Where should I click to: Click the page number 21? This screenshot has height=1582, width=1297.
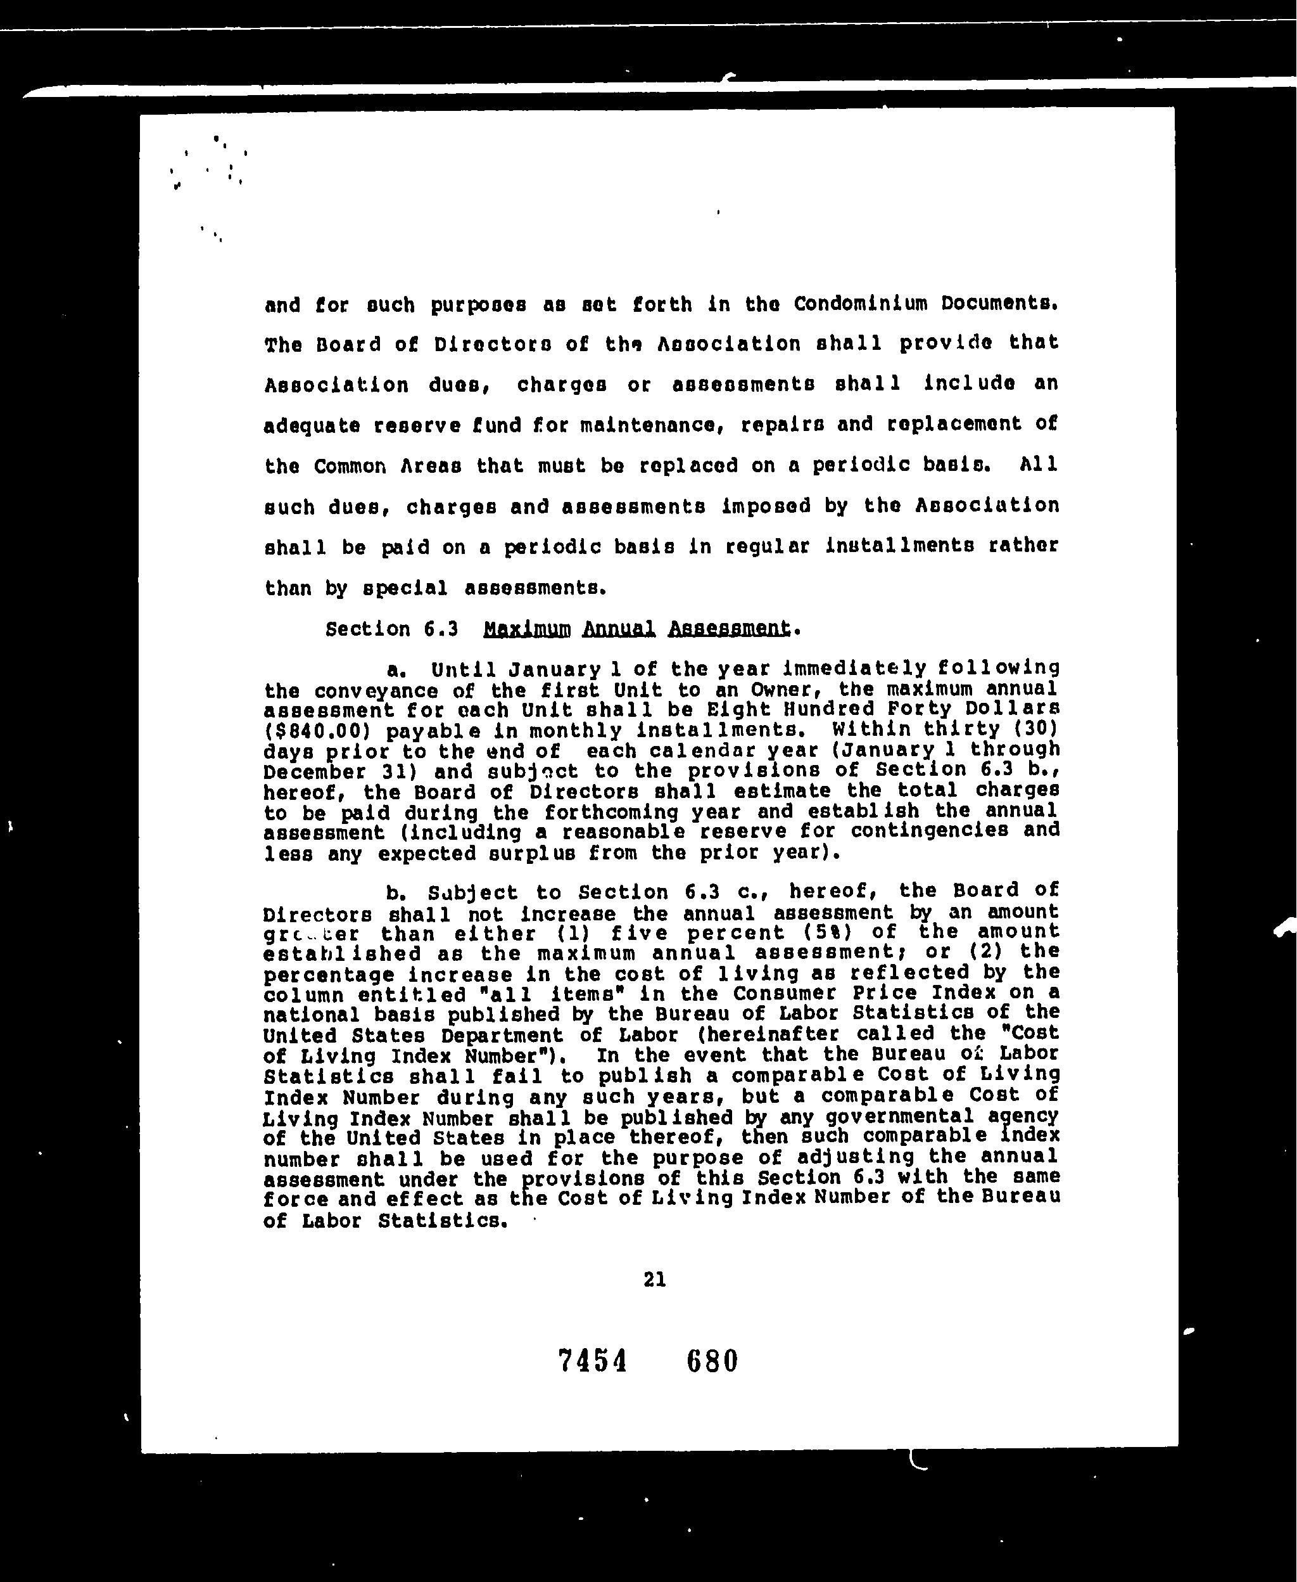[654, 1279]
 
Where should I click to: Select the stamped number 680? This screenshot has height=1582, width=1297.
[711, 1361]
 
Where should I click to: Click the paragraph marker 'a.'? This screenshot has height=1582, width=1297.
[396, 667]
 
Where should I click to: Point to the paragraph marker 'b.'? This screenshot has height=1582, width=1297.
[396, 892]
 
